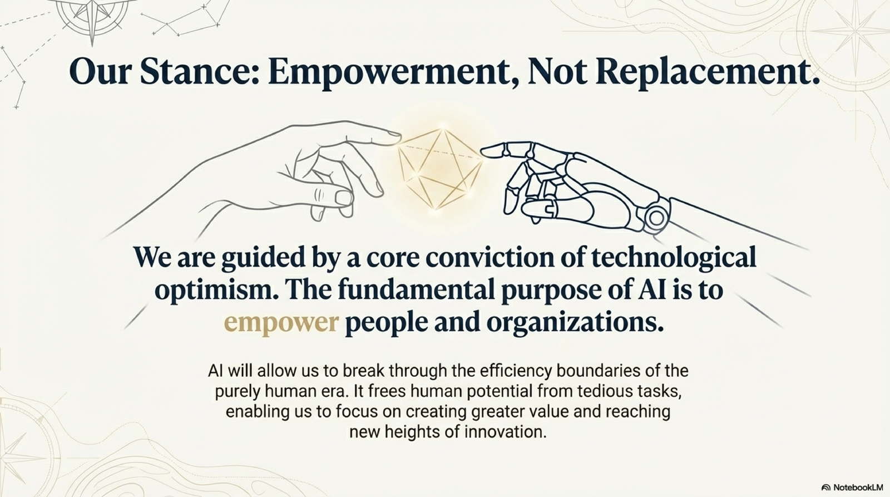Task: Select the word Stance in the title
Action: coord(197,73)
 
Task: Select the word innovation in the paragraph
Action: coord(506,432)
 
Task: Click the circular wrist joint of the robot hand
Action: coord(656,218)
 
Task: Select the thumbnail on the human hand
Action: coord(343,198)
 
